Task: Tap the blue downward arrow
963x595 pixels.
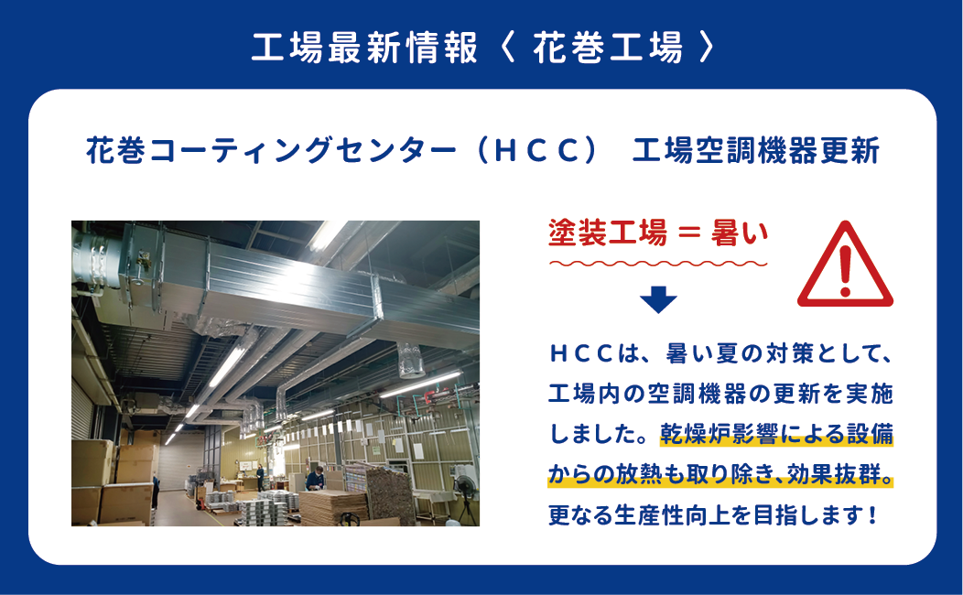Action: [658, 299]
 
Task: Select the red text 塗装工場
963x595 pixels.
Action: [608, 233]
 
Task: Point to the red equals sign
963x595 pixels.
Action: [689, 234]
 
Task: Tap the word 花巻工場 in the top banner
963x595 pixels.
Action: [608, 48]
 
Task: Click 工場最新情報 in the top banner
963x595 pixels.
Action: [364, 48]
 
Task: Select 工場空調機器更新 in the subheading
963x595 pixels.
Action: [756, 151]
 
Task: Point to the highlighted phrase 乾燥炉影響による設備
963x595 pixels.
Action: [777, 434]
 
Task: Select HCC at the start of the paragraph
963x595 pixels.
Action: [580, 353]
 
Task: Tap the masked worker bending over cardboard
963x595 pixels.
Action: [316, 479]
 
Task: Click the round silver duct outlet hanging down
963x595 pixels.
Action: [410, 360]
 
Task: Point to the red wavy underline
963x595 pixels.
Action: [658, 264]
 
